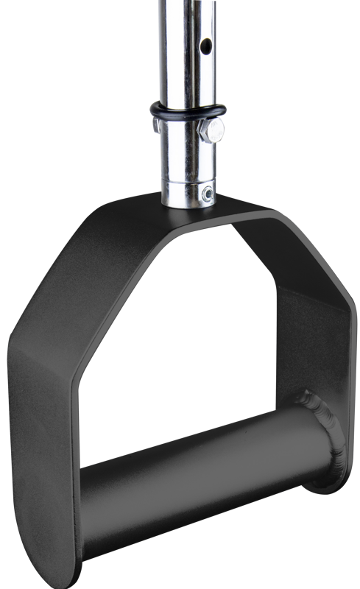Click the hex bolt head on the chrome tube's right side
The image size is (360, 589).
tap(213, 130)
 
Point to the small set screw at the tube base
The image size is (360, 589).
tap(209, 194)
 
